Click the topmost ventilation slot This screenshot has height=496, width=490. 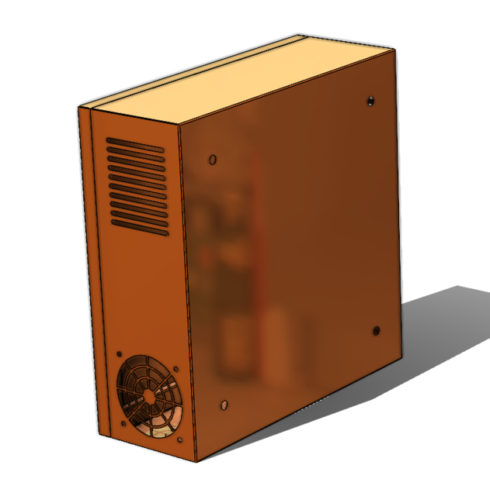136,145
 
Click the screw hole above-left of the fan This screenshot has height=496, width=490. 119,354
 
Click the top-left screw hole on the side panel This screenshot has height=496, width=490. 213,160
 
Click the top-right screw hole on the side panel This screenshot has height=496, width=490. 370,100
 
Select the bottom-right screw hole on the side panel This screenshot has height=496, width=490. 377,331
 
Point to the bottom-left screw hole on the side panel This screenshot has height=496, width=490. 224,404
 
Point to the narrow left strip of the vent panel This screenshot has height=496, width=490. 87,271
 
